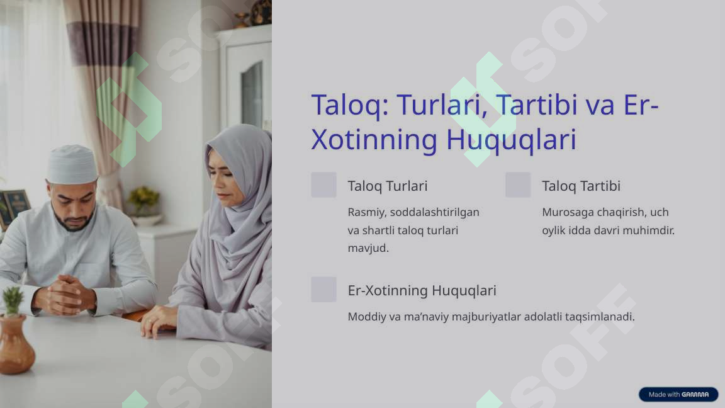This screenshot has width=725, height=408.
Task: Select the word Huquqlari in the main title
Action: pos(511,140)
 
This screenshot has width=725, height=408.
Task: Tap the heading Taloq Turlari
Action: pos(387,186)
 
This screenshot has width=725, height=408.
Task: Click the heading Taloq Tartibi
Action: pos(581,186)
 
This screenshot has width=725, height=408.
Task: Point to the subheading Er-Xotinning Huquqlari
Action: pos(422,290)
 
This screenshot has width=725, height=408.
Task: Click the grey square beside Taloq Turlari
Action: pos(323,185)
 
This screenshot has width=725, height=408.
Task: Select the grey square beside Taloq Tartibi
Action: pos(518,185)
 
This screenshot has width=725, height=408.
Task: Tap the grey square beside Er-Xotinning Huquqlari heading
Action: pos(323,290)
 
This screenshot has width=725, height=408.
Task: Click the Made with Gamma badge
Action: pos(678,394)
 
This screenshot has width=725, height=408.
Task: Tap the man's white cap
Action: pos(72,164)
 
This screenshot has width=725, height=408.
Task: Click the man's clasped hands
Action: pos(65,295)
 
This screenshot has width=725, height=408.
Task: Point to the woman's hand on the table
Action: pos(158,322)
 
